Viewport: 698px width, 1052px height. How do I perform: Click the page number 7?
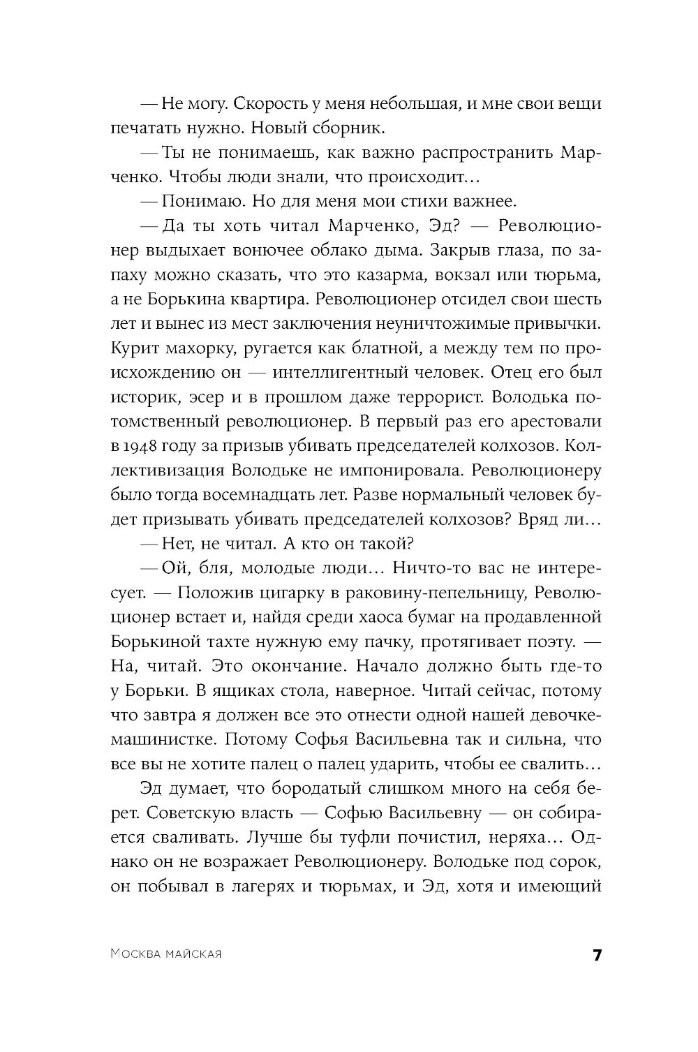coord(596,956)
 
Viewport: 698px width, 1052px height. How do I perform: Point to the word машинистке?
coord(168,739)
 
